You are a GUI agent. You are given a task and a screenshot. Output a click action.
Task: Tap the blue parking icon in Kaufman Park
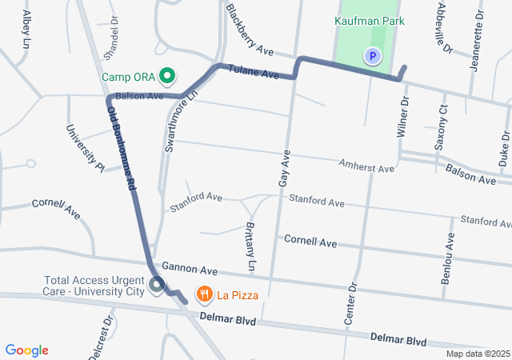[372, 56]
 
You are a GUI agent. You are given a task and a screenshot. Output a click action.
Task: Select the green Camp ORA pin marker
[167, 77]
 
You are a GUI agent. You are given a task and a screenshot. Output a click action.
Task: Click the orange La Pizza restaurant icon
[205, 295]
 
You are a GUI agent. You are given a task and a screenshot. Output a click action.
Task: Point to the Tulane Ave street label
[253, 72]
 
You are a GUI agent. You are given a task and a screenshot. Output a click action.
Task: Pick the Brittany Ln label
[248, 246]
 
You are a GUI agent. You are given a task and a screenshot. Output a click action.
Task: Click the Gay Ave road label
[283, 169]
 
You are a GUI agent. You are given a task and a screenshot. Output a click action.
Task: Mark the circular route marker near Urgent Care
[156, 284]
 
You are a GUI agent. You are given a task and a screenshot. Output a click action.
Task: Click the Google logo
[27, 350]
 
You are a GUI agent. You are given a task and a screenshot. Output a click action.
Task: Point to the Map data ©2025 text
[477, 354]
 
